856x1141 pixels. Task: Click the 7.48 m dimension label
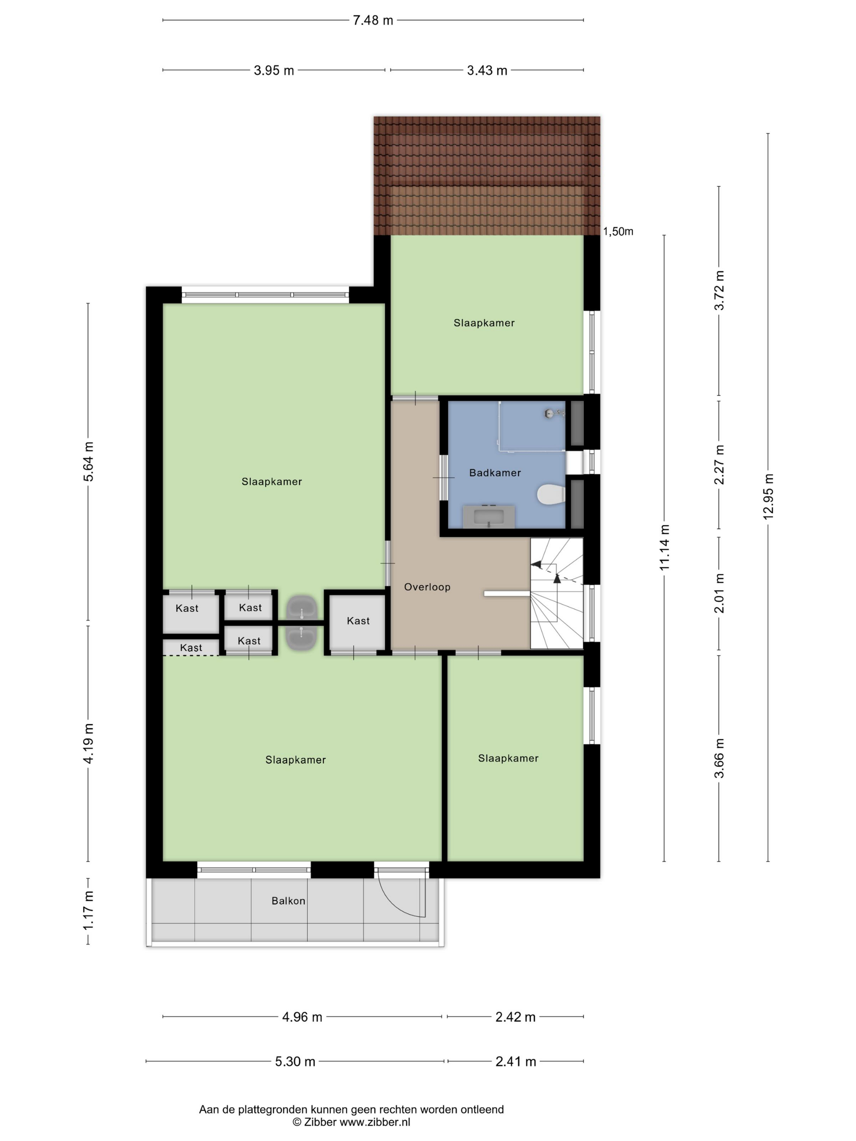[373, 21]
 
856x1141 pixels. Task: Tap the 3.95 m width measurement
[274, 70]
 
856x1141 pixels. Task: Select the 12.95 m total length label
[768, 496]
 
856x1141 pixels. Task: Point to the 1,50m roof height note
[618, 231]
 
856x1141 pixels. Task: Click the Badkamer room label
[495, 472]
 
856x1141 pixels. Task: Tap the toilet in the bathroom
[551, 495]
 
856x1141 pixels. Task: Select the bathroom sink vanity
[489, 516]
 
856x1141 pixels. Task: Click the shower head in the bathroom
[554, 413]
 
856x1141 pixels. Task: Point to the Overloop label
[427, 587]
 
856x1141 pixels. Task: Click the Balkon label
[289, 901]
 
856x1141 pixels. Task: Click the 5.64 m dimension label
[88, 462]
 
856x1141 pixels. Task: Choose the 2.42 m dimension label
[516, 1017]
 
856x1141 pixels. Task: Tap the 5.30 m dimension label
[295, 1062]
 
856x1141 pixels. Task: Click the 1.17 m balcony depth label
[88, 910]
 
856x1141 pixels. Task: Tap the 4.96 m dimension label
[302, 1017]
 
